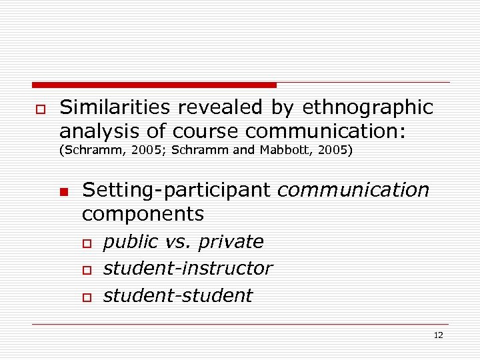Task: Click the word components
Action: coord(143,214)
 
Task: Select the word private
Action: coord(229,241)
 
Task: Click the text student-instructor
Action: coord(187,268)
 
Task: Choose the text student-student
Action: coord(177,295)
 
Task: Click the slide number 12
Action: coord(438,335)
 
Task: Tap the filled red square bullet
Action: coord(63,193)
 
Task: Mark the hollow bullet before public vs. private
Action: coord(85,243)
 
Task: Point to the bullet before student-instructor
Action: coord(85,269)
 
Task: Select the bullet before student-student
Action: coord(85,297)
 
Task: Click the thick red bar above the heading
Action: coord(154,85)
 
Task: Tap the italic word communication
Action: coord(353,191)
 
